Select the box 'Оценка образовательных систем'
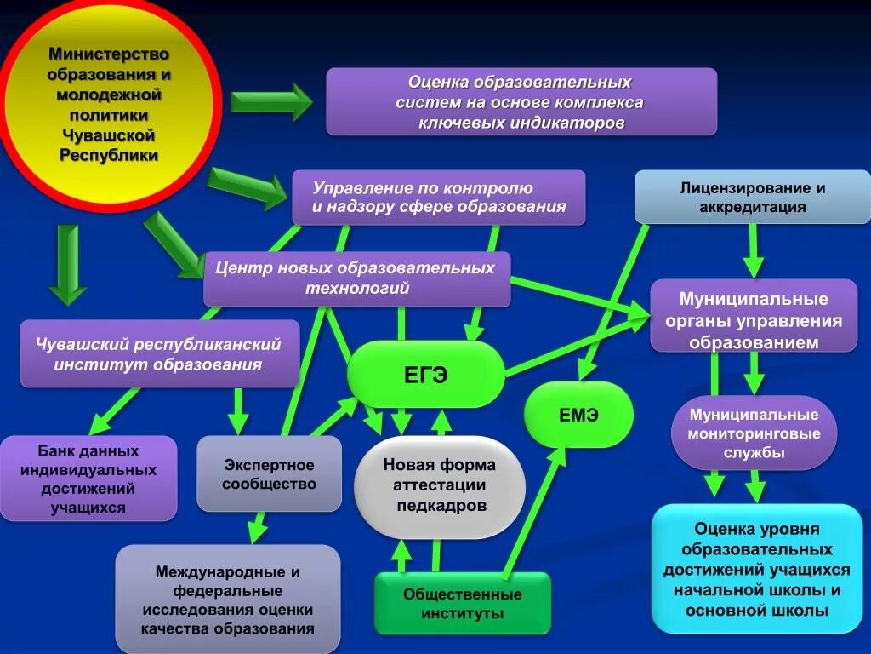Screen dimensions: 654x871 (x=521, y=102)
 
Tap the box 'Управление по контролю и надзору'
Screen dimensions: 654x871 (x=438, y=198)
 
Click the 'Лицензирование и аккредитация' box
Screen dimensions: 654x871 (x=753, y=198)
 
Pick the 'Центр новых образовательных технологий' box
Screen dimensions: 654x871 (x=356, y=278)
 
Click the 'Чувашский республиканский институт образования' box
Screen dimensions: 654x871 (x=159, y=353)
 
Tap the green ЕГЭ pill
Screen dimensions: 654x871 (x=425, y=375)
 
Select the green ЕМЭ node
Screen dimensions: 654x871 (x=578, y=415)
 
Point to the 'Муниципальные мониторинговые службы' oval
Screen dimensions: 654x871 (x=754, y=433)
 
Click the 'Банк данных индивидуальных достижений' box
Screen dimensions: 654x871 (x=88, y=479)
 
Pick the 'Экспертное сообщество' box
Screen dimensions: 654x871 (x=269, y=474)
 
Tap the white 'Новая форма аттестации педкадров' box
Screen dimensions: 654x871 (x=439, y=485)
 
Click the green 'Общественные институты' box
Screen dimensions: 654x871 (x=463, y=603)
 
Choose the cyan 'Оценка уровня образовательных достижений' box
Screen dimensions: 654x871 (x=757, y=569)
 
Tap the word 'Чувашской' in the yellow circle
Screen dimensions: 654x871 (x=108, y=135)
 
